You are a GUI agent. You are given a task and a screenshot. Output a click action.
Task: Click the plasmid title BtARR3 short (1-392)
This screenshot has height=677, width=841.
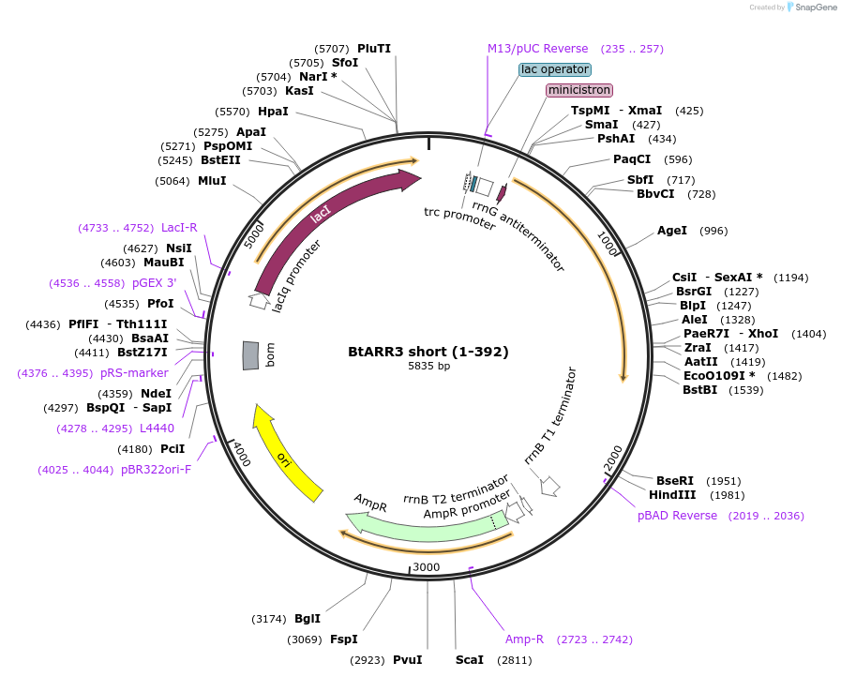pyautogui.click(x=428, y=353)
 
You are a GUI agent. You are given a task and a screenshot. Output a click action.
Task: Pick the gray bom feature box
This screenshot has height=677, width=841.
pyautogui.click(x=250, y=355)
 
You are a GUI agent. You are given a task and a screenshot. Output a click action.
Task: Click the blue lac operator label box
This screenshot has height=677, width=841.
pyautogui.click(x=555, y=69)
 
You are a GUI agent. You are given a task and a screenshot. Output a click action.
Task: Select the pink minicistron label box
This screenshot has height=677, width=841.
pyautogui.click(x=579, y=90)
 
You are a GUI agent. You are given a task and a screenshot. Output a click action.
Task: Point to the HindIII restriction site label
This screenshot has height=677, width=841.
pyautogui.click(x=673, y=495)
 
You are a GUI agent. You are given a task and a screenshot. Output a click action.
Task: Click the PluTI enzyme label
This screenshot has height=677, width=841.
pyautogui.click(x=374, y=49)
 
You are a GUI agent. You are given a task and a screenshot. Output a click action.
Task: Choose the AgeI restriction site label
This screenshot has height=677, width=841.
pyautogui.click(x=672, y=231)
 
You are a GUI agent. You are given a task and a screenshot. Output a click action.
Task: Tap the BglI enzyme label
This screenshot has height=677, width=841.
pyautogui.click(x=308, y=619)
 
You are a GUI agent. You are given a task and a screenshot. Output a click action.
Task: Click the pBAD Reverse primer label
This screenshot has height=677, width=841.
pyautogui.click(x=677, y=516)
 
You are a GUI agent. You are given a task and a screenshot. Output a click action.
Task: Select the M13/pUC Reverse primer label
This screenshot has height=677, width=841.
pyautogui.click(x=537, y=49)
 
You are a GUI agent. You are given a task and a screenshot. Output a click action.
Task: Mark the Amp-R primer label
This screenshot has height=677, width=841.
pyautogui.click(x=524, y=639)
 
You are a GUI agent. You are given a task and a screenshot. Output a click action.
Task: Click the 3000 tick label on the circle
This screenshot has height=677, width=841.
pyautogui.click(x=427, y=567)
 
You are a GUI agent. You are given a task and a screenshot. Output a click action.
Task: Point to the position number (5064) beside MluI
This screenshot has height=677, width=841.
pyautogui.click(x=173, y=181)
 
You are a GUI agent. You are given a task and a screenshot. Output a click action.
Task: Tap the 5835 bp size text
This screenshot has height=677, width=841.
pyautogui.click(x=428, y=367)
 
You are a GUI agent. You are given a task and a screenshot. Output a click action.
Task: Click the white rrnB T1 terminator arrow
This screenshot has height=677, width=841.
pyautogui.click(x=550, y=486)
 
